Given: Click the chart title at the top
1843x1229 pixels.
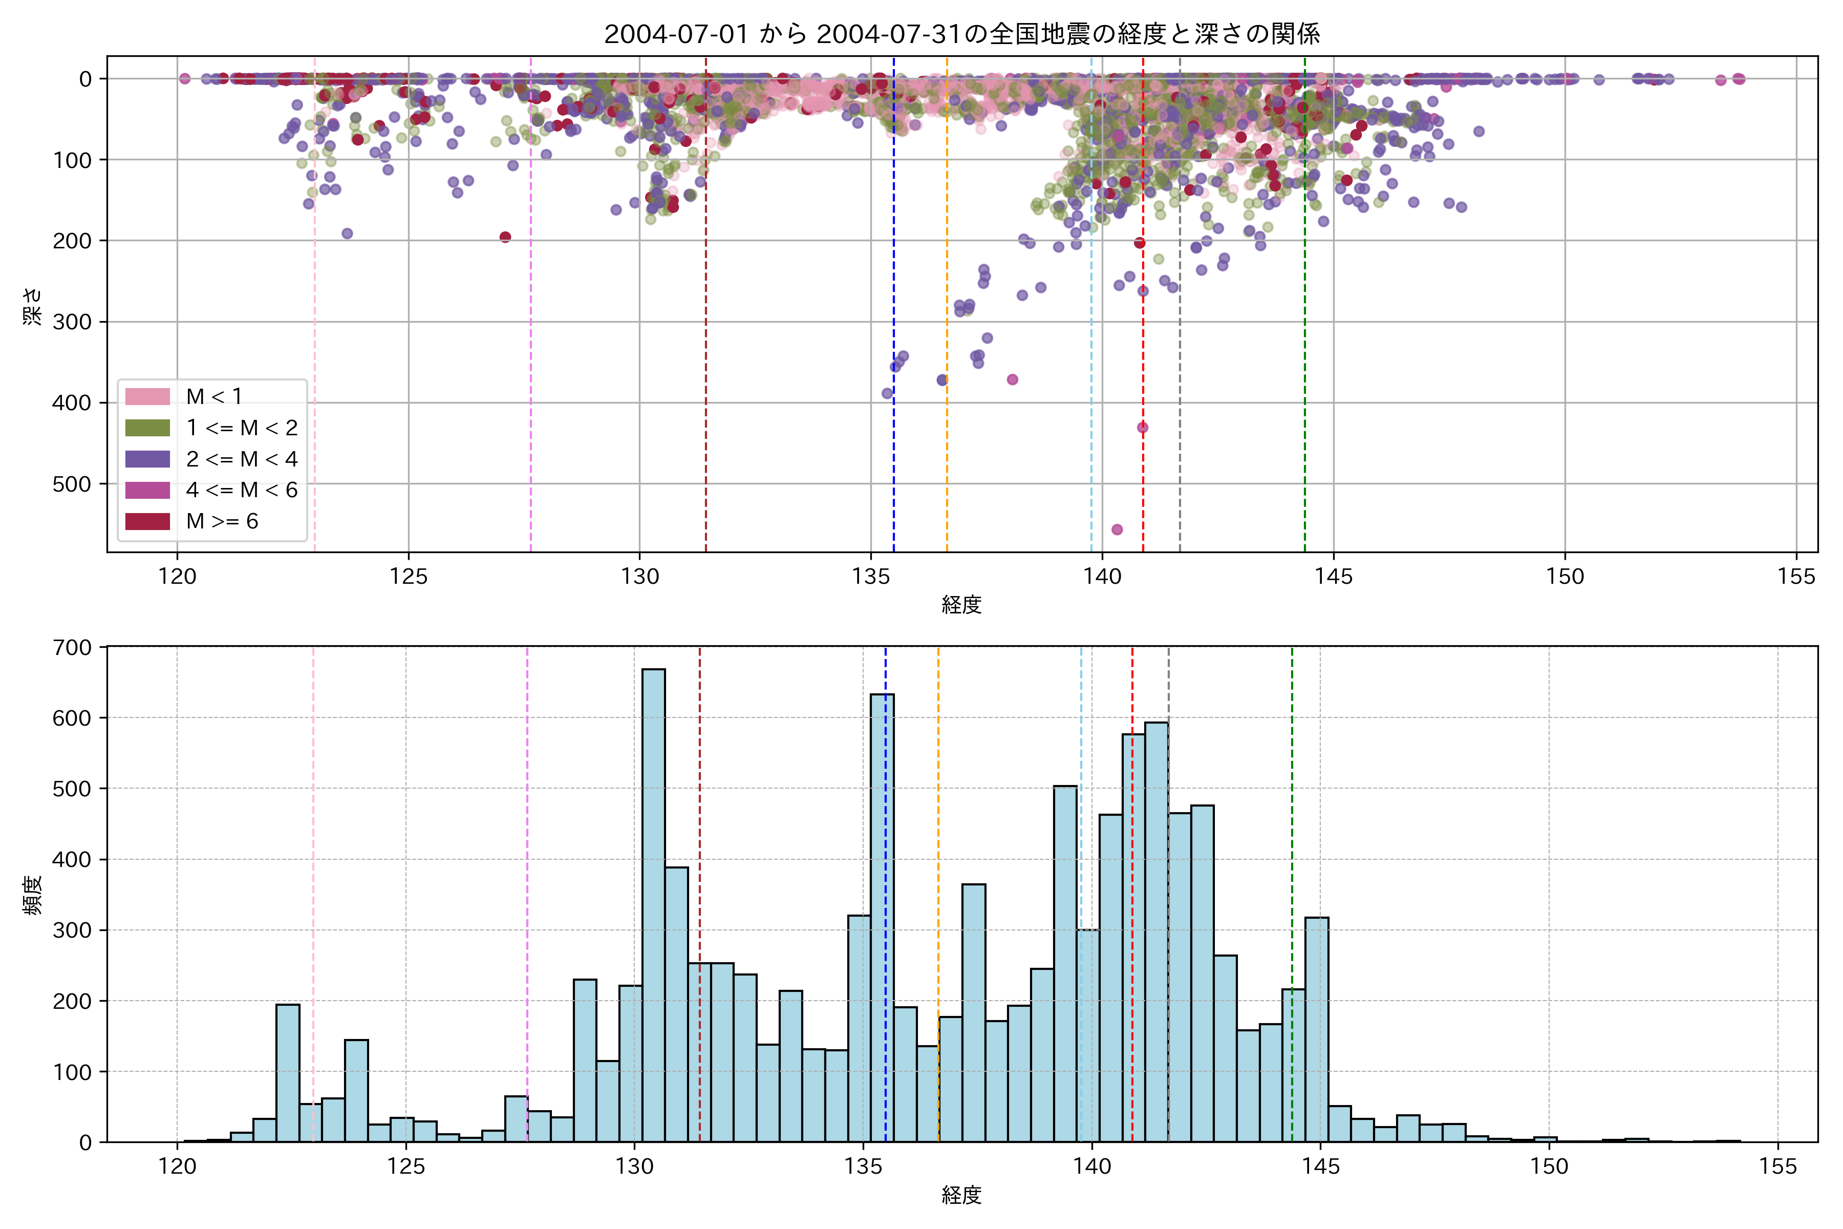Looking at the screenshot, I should pyautogui.click(x=961, y=34).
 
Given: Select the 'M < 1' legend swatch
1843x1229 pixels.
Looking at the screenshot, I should pyautogui.click(x=147, y=396).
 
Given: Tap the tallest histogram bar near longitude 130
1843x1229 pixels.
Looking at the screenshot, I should pyautogui.click(x=654, y=905).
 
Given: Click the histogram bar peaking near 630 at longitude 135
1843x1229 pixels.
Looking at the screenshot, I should pyautogui.click(x=882, y=917).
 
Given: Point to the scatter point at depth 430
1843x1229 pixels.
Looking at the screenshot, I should pyautogui.click(x=1143, y=427).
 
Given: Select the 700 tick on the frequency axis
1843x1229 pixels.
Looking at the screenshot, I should pyautogui.click(x=72, y=647).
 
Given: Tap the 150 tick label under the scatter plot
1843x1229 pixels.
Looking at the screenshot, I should pyautogui.click(x=1565, y=577).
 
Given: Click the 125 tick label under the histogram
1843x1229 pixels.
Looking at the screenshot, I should pyautogui.click(x=406, y=1167).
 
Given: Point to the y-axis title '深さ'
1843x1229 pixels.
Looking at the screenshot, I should pyautogui.click(x=31, y=306).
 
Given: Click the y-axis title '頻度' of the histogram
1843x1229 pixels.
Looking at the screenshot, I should pyautogui.click(x=31, y=895).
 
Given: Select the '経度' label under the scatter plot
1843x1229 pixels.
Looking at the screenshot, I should pyautogui.click(x=961, y=604).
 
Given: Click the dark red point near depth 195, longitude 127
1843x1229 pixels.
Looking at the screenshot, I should pyautogui.click(x=505, y=237).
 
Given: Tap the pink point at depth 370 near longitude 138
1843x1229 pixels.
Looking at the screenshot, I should pyautogui.click(x=1013, y=379).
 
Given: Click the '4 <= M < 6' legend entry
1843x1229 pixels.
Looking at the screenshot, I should pyautogui.click(x=241, y=490).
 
